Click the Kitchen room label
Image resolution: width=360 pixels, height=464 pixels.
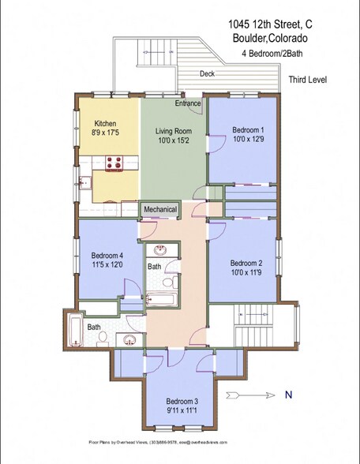click(106, 124)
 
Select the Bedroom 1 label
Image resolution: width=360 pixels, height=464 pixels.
click(246, 129)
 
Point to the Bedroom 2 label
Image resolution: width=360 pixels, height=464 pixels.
click(246, 263)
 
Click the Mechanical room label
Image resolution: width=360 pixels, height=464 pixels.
click(160, 209)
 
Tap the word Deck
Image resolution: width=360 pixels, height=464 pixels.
click(207, 73)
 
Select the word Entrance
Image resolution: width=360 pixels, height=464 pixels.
click(188, 103)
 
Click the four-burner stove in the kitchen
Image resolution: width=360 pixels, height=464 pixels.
click(112, 163)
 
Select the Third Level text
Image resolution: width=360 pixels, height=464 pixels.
click(309, 80)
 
